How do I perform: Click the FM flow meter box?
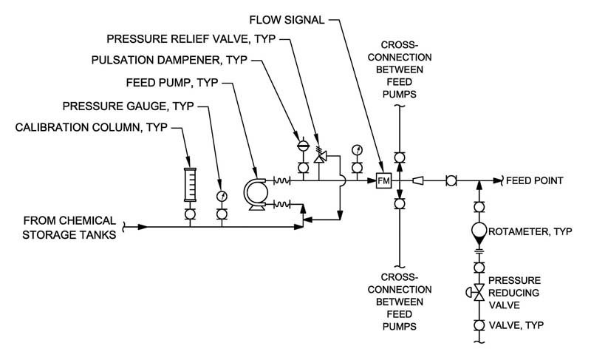(384, 181)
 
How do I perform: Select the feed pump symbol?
(256, 194)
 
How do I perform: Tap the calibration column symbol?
(190, 185)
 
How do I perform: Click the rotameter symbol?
(479, 234)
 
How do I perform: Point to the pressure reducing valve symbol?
(476, 293)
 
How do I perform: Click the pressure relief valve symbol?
(321, 155)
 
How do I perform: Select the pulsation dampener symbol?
(303, 146)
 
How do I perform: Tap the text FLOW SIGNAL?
(287, 20)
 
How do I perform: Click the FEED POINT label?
(534, 180)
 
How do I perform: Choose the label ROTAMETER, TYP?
(530, 231)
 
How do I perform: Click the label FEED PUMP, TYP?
(172, 83)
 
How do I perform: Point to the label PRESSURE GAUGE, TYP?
(128, 106)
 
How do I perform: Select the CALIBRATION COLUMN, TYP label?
(91, 127)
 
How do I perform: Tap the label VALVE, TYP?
(516, 325)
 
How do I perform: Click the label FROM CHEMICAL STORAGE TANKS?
(69, 228)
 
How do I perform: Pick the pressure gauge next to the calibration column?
(222, 197)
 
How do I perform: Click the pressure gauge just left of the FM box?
(357, 150)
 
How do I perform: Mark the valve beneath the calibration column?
(190, 214)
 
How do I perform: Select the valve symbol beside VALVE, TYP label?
(479, 325)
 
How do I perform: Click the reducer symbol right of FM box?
(418, 181)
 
